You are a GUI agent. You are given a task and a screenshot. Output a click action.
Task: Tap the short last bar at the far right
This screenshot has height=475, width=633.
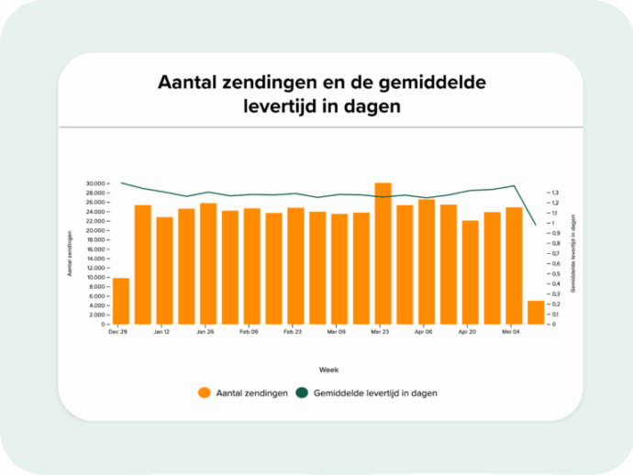[536, 312]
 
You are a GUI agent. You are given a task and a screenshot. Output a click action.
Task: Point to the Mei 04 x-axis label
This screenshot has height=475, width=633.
[512, 332]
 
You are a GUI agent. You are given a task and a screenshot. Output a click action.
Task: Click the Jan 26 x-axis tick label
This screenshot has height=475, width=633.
[205, 332]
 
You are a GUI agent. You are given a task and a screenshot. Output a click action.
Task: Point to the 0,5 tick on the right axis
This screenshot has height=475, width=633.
[555, 274]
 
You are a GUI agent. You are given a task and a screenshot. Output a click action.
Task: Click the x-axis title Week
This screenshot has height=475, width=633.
[328, 369]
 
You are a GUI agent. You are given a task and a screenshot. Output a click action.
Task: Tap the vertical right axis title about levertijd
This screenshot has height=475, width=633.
[573, 254]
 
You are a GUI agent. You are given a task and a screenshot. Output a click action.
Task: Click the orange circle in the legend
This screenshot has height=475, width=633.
[205, 392]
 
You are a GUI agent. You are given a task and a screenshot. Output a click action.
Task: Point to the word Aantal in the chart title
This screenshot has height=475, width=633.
[186, 83]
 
